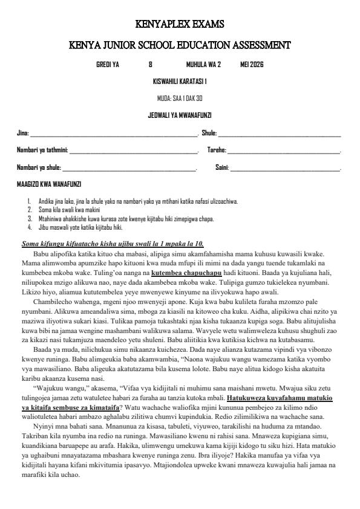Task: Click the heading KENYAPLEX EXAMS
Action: point(180,25)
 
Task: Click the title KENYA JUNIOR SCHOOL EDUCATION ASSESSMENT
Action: point(180,45)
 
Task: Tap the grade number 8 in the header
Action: point(150,65)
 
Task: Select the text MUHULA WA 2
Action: point(203,65)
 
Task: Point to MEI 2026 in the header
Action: point(252,65)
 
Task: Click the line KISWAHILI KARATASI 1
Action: point(180,81)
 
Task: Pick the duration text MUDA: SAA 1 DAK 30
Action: point(180,98)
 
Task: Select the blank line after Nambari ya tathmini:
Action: point(134,151)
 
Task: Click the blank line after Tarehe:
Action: point(284,151)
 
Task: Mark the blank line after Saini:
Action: point(285,167)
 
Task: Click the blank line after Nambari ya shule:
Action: point(129,167)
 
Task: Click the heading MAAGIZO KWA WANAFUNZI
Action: point(49,184)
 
